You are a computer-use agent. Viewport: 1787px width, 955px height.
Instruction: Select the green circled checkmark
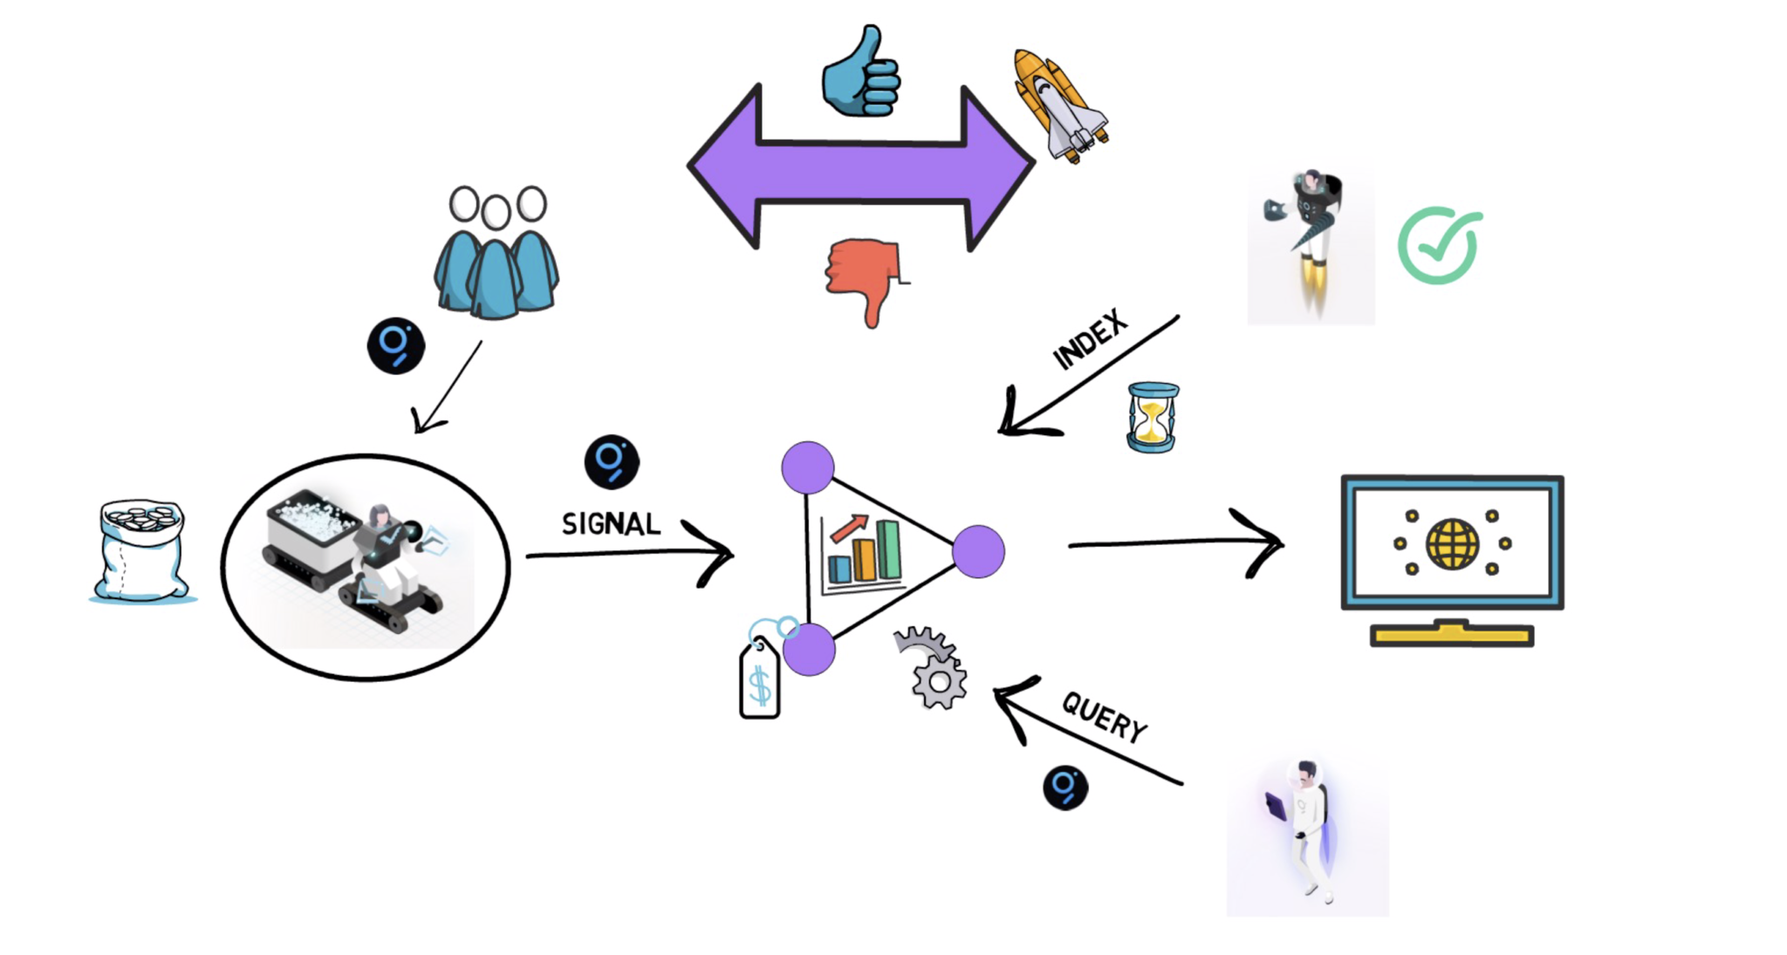(1438, 245)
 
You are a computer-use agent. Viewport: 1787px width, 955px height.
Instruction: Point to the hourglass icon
(1152, 417)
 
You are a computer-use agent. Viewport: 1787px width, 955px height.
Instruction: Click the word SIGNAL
(611, 524)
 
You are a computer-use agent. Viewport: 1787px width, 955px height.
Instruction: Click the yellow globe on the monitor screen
(1452, 543)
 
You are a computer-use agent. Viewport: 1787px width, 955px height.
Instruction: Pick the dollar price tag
(759, 681)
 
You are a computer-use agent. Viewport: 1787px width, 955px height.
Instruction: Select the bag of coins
(141, 551)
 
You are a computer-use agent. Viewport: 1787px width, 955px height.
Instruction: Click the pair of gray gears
(932, 667)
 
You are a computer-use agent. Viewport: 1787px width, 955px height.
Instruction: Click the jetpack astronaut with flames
(1309, 235)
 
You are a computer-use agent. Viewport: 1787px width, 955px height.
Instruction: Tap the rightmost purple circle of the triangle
(978, 551)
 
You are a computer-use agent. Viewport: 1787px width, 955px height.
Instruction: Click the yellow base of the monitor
(1451, 634)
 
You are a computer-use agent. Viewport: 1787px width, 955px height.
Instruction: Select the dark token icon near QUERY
(1065, 788)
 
